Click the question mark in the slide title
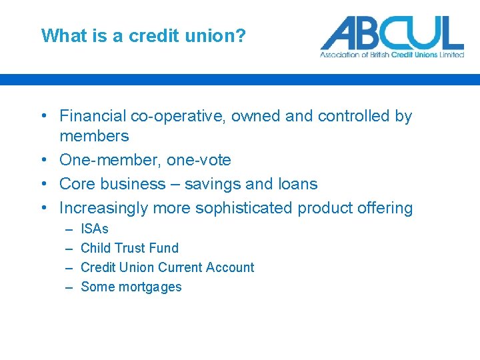pyautogui.click(x=241, y=35)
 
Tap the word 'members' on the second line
pyautogui.click(x=94, y=136)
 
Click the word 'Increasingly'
pyautogui.click(x=104, y=208)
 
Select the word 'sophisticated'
pyautogui.click(x=244, y=208)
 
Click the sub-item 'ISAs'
pyautogui.click(x=95, y=229)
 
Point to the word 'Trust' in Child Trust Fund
pyautogui.click(x=129, y=248)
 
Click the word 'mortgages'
pyautogui.click(x=150, y=287)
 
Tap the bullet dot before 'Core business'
pyautogui.click(x=43, y=184)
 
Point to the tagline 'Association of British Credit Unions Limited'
pyautogui.click(x=392, y=55)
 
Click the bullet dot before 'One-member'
pyautogui.click(x=43, y=160)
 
